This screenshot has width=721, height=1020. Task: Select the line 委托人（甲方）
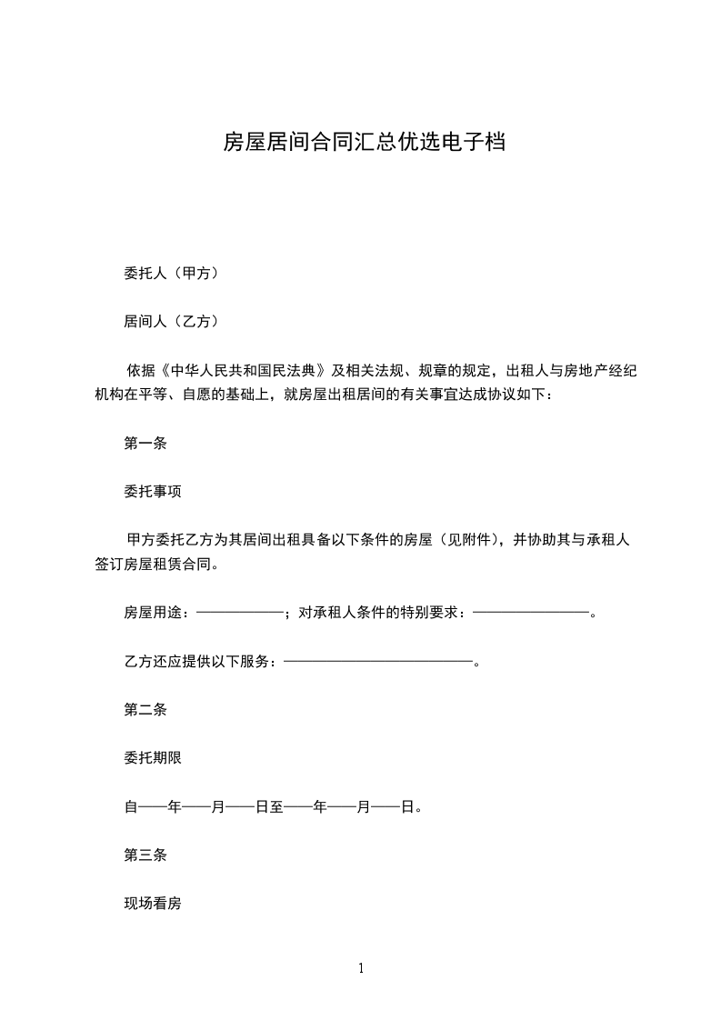(170, 273)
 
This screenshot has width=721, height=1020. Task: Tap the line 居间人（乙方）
(170, 321)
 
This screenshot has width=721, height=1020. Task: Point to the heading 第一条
(145, 445)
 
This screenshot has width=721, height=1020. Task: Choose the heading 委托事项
(153, 492)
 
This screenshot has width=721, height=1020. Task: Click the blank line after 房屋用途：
(240, 613)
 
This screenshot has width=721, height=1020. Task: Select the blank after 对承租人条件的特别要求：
(532, 613)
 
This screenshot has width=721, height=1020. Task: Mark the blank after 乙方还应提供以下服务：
(379, 661)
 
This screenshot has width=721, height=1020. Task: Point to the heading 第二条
(145, 709)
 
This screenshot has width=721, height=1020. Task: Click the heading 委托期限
(153, 757)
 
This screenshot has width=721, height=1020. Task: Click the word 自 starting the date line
(129, 806)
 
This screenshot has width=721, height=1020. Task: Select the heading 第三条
(145, 855)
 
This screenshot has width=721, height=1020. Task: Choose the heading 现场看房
(153, 904)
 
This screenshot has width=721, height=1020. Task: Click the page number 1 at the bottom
(361, 969)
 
